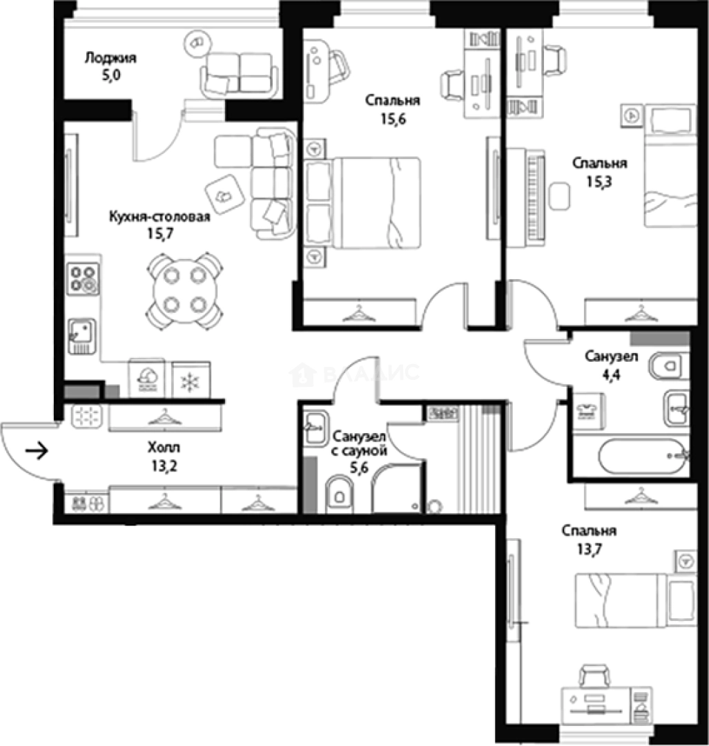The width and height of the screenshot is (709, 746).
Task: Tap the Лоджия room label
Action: click(x=110, y=58)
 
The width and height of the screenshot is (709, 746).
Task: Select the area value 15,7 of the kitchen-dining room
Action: click(x=159, y=233)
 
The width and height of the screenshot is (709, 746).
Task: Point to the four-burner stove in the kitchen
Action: click(x=83, y=279)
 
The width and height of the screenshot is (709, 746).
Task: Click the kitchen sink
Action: click(x=81, y=336)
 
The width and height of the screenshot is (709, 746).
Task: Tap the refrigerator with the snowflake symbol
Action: click(x=191, y=380)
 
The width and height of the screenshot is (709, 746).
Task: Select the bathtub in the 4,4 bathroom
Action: click(x=639, y=457)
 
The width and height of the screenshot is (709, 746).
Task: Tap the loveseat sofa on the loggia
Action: click(x=239, y=73)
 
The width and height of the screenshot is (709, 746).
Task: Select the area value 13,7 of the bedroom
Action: click(x=589, y=550)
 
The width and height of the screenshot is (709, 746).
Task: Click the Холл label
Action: click(x=164, y=447)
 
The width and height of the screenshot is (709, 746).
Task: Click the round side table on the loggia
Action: click(x=197, y=44)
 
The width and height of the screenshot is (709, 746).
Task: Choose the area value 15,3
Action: click(x=599, y=182)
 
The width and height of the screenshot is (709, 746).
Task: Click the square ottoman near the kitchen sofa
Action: click(x=224, y=194)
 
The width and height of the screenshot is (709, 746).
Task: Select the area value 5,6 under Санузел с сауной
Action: click(x=359, y=468)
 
